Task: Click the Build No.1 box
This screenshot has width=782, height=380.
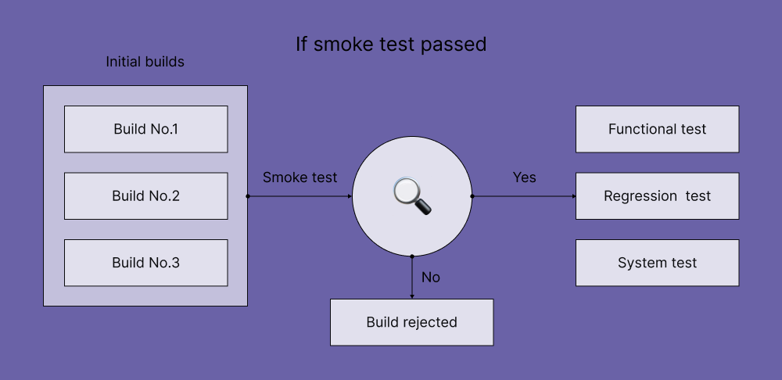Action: click(x=145, y=129)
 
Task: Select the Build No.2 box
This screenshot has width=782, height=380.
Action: click(x=145, y=196)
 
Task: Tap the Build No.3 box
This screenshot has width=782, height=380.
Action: click(x=145, y=263)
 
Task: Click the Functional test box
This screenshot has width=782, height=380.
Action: click(x=657, y=129)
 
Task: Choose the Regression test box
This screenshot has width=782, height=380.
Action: click(x=657, y=196)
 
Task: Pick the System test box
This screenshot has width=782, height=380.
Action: click(x=657, y=263)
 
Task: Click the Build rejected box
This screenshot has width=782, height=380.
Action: click(x=411, y=322)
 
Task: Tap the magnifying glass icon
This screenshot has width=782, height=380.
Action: click(x=412, y=195)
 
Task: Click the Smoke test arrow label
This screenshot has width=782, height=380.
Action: click(x=300, y=177)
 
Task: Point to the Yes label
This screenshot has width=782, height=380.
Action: click(x=524, y=177)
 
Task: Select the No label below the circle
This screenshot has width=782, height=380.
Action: click(x=431, y=277)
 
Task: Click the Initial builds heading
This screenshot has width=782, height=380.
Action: click(x=145, y=61)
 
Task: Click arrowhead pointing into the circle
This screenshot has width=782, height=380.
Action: click(x=349, y=196)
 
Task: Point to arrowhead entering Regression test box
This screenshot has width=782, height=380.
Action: click(x=572, y=196)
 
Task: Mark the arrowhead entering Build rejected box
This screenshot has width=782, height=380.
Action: click(x=412, y=296)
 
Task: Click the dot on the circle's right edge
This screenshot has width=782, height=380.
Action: click(x=472, y=196)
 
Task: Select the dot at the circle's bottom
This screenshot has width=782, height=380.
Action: click(x=412, y=256)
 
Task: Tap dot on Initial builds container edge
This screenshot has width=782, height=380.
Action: click(x=248, y=196)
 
